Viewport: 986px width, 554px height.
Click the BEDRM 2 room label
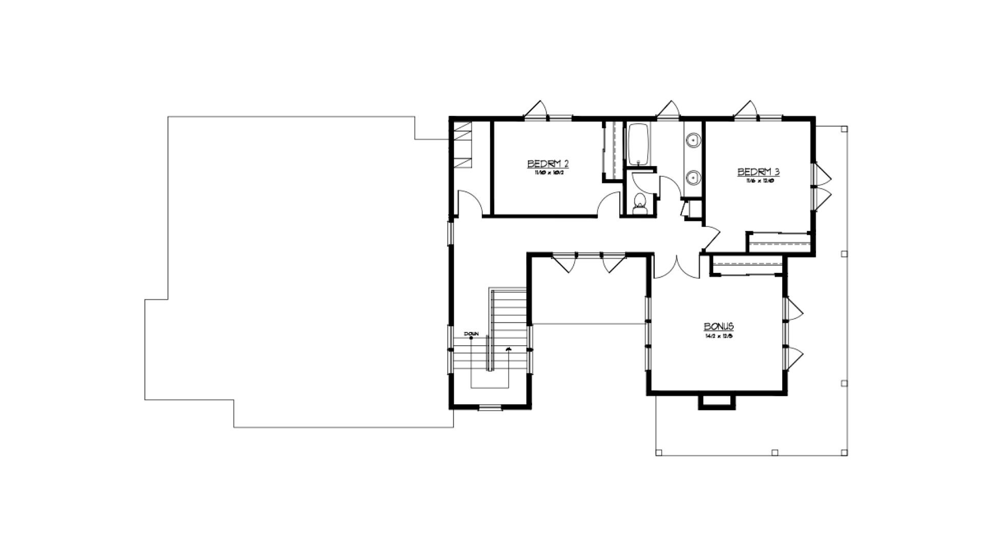(547, 164)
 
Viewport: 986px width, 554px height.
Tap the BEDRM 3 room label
(759, 172)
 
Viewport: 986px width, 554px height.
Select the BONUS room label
(718, 327)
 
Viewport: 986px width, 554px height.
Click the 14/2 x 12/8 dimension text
(718, 337)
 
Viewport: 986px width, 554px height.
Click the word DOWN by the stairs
(471, 334)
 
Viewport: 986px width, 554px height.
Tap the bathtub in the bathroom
(638, 144)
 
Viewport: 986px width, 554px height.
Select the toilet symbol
(640, 204)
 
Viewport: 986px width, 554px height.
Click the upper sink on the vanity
(693, 139)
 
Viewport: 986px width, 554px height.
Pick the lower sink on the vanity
(693, 177)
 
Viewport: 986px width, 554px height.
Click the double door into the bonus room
(676, 267)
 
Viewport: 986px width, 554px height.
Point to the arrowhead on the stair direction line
(508, 349)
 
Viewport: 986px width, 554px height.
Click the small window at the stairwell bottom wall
(489, 408)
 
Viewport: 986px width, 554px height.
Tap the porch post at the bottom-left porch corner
(659, 453)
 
